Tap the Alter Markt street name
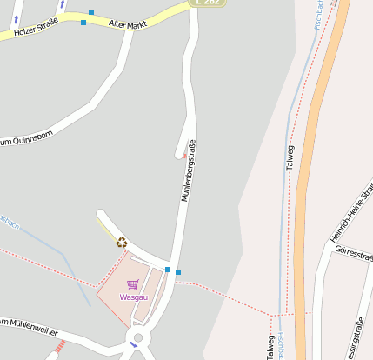click(129, 25)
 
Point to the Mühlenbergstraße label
click(188, 170)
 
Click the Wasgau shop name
click(133, 297)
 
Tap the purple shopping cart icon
click(132, 284)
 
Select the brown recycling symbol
click(122, 243)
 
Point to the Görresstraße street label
click(353, 259)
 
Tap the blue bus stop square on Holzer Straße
click(83, 23)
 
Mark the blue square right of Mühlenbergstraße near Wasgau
click(178, 272)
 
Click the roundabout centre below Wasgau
click(137, 338)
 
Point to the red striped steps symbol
click(59, 346)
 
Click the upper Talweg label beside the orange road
click(290, 160)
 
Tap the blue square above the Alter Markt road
click(91, 12)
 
